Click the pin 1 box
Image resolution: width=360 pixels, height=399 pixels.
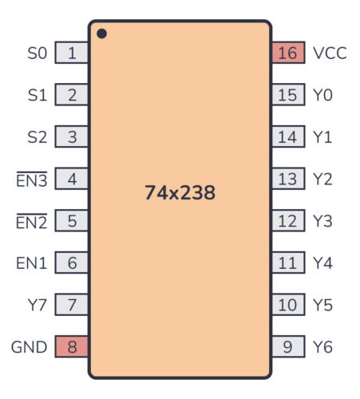[x=72, y=53]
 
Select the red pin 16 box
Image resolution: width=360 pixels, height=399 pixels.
[x=287, y=53]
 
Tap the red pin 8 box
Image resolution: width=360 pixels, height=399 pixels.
[x=72, y=347]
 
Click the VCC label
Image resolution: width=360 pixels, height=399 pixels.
[x=330, y=53]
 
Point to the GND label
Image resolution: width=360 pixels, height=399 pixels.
[x=29, y=347]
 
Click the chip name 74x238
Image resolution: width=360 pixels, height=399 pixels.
[x=180, y=192]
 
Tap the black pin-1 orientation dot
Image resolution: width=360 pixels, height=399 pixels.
[x=101, y=34]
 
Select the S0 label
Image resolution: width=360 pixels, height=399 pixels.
[x=38, y=53]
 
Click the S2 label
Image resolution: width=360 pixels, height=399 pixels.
[x=38, y=137]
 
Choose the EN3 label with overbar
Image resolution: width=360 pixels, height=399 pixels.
[x=32, y=180]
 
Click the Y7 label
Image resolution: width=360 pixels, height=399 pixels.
[x=38, y=305]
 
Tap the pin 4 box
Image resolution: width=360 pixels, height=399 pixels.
[x=72, y=180]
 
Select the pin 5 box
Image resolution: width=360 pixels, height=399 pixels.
[x=72, y=221]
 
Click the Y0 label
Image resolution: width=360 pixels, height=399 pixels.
[x=322, y=96]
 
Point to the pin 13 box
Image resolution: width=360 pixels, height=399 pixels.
[x=287, y=180]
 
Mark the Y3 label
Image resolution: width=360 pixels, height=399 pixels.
[x=322, y=221]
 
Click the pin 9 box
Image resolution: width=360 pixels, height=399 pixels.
[x=287, y=347]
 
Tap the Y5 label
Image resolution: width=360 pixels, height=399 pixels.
[x=322, y=305]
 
